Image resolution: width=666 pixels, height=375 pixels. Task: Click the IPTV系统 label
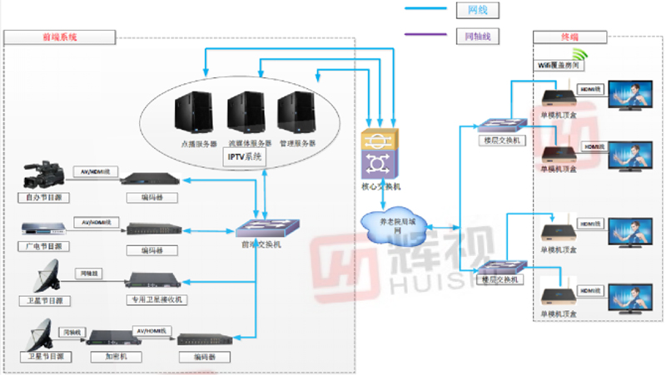[x=245, y=155]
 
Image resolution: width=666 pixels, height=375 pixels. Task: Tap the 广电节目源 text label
[x=44, y=246]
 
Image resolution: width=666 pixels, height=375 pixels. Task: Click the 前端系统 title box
[x=58, y=37]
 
